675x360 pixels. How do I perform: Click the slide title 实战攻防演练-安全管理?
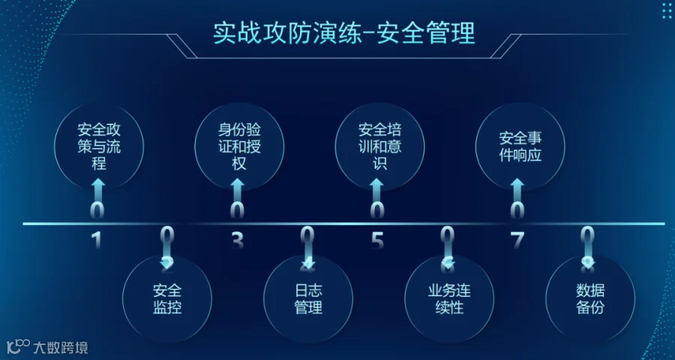point(344,34)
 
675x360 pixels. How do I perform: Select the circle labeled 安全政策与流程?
point(99,145)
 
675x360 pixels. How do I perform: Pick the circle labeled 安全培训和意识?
point(378,145)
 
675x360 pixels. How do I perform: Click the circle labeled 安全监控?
point(167,298)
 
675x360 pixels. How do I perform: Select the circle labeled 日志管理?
point(307,298)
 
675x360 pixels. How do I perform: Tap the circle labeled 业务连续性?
point(448,298)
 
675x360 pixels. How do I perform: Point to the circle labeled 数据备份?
point(589,298)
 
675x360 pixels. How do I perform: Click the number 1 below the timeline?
point(96,241)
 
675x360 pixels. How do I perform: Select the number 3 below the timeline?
point(237,241)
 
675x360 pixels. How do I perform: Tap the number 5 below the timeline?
point(377,241)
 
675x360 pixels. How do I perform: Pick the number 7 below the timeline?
point(517,241)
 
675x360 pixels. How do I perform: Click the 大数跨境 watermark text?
point(61,348)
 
